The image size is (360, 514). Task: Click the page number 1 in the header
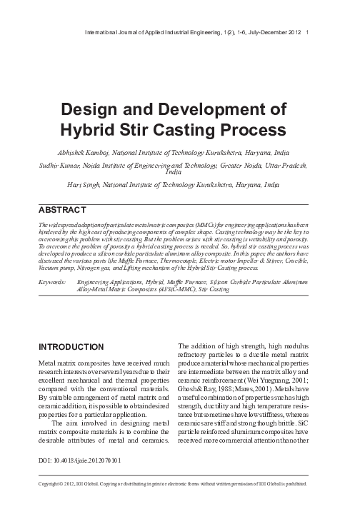point(307,32)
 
